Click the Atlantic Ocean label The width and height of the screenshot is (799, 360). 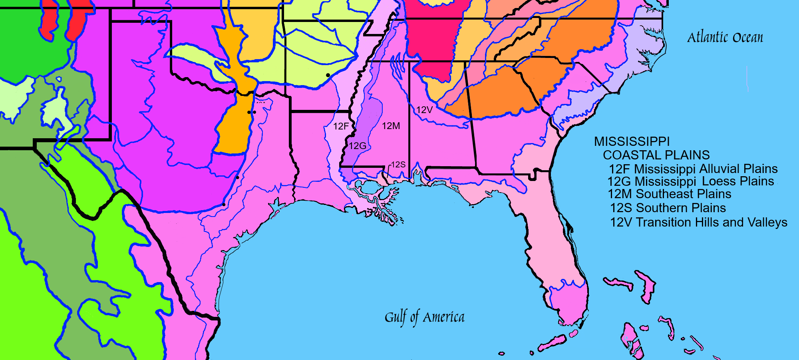coord(725,38)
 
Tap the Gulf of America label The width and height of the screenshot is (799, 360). coord(424,317)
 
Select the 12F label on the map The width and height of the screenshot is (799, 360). coord(341,126)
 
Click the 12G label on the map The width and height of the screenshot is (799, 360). coord(358,146)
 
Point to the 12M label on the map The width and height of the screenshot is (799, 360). coord(391,126)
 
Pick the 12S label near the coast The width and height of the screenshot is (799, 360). coord(398,165)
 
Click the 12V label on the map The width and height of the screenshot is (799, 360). coord(424,110)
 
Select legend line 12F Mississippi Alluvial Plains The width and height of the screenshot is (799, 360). coord(693,169)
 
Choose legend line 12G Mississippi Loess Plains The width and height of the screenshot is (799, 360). coord(691,181)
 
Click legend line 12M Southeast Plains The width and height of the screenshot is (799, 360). coord(670,194)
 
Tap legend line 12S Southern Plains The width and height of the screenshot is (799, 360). coord(668,208)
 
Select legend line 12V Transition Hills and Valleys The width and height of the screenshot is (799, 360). coord(699,222)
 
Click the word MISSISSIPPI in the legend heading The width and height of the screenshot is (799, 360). coord(632,141)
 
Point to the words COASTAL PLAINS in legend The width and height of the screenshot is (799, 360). coord(656,155)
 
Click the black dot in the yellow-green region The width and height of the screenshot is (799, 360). coord(328,75)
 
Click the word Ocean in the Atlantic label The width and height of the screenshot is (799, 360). coord(747,38)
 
